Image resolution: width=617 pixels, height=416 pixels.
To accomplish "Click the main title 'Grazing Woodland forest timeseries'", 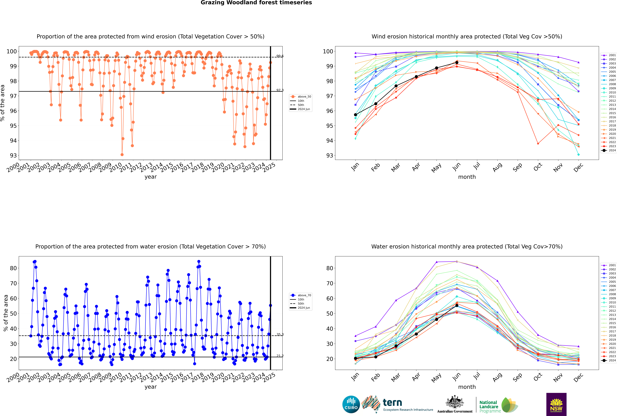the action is (256, 3).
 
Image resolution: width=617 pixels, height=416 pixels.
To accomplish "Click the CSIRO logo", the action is (351, 404).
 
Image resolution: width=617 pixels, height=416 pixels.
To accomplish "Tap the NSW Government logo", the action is (556, 404).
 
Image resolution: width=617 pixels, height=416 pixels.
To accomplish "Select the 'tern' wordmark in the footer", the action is (392, 403).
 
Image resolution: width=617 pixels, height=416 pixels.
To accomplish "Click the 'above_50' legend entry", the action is (301, 97).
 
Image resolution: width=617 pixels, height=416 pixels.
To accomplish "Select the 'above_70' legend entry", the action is (301, 295).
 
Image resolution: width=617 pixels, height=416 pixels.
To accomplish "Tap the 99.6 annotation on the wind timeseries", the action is (280, 56).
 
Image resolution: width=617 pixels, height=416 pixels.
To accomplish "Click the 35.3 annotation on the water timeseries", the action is (280, 335).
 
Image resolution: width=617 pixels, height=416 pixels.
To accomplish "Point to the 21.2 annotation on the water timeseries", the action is (280, 356).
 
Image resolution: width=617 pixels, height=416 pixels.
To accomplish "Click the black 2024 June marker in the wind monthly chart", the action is (457, 63).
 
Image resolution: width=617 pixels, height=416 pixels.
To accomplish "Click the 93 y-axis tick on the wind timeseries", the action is (13, 155).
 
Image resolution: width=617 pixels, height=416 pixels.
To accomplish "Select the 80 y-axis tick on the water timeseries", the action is (13, 268).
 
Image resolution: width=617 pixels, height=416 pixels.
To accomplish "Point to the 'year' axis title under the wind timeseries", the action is (151, 177).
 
